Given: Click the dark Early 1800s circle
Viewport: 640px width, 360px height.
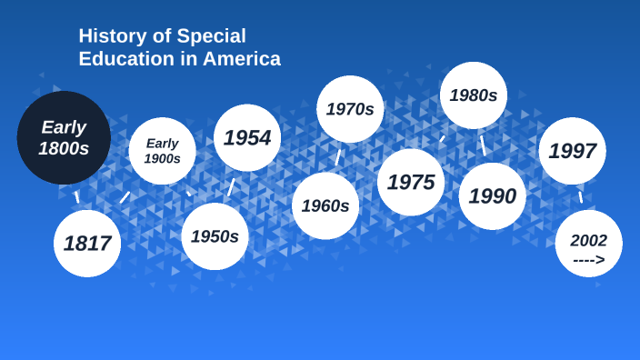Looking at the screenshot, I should [x=64, y=138].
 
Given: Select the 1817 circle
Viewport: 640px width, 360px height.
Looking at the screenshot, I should [x=87, y=244].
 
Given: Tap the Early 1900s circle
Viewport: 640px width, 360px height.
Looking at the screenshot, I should [x=162, y=151].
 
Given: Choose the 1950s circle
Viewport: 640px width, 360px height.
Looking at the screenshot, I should [x=215, y=236].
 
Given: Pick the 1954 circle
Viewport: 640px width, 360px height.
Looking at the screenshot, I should [x=247, y=138].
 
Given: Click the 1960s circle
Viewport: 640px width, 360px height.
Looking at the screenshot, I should [x=325, y=205].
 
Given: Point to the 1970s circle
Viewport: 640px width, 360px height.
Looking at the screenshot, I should [x=350, y=109].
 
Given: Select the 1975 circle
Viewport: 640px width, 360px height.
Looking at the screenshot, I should [x=411, y=182].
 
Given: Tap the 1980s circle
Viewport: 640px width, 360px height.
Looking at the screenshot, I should [x=474, y=95].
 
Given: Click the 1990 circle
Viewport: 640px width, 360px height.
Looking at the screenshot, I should [x=493, y=196].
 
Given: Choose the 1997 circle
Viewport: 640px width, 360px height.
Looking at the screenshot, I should [x=573, y=151].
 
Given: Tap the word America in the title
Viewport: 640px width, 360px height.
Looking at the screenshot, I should [x=244, y=59].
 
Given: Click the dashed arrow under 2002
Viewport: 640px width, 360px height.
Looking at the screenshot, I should [x=589, y=260].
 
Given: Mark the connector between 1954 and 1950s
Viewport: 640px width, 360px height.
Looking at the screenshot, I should [x=231, y=187].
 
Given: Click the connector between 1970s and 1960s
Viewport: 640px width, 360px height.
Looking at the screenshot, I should [x=338, y=157].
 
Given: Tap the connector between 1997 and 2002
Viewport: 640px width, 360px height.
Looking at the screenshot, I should [x=581, y=197].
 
